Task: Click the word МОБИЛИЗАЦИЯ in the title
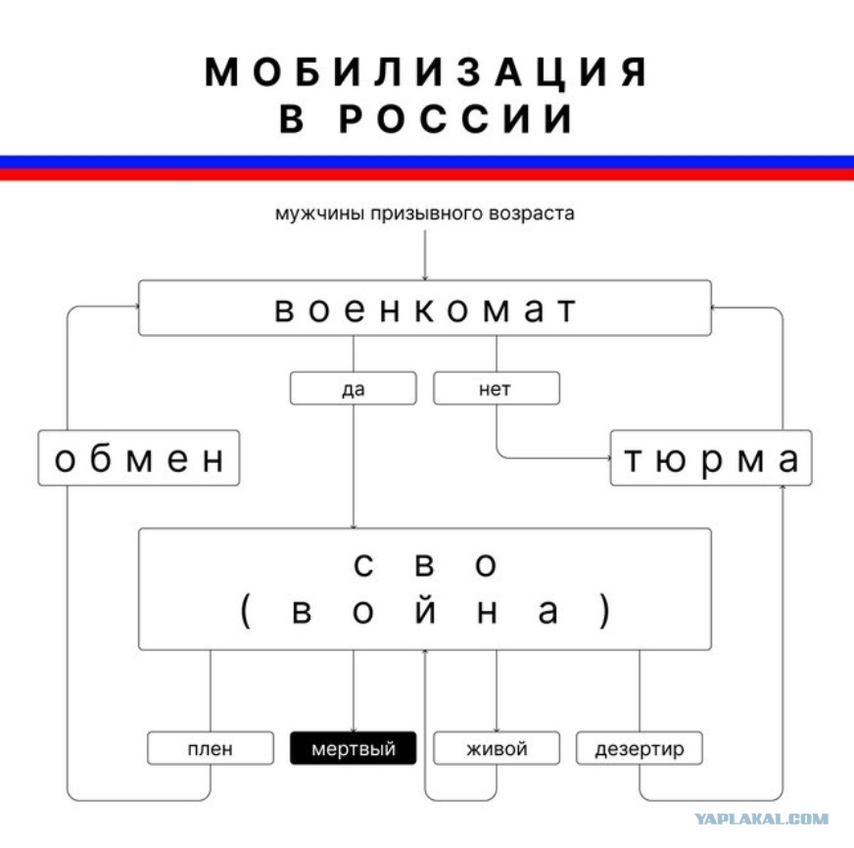click(426, 71)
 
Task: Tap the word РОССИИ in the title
click(455, 118)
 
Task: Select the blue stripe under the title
click(427, 162)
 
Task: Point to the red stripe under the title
click(427, 174)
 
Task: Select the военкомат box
click(425, 307)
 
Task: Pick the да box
click(353, 389)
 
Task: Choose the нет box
click(497, 389)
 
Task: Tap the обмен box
click(139, 457)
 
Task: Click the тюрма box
click(711, 457)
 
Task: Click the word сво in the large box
click(425, 565)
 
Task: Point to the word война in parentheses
click(425, 611)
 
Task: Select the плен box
click(211, 748)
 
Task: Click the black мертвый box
click(353, 748)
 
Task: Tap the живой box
click(497, 748)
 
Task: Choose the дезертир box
click(640, 748)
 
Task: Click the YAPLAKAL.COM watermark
click(761, 819)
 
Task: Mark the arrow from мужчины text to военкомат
click(425, 255)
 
